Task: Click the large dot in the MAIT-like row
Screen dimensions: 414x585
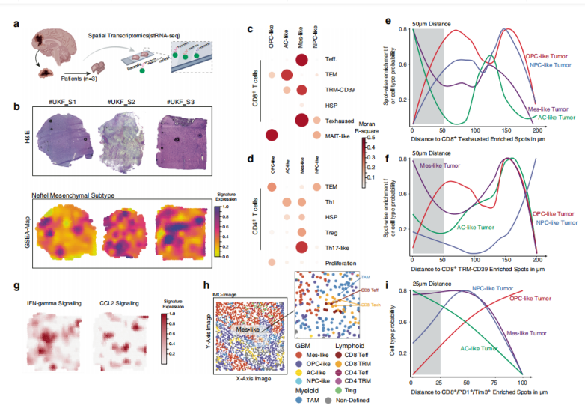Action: tap(271, 136)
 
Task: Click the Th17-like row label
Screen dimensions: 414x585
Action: tap(337, 247)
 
